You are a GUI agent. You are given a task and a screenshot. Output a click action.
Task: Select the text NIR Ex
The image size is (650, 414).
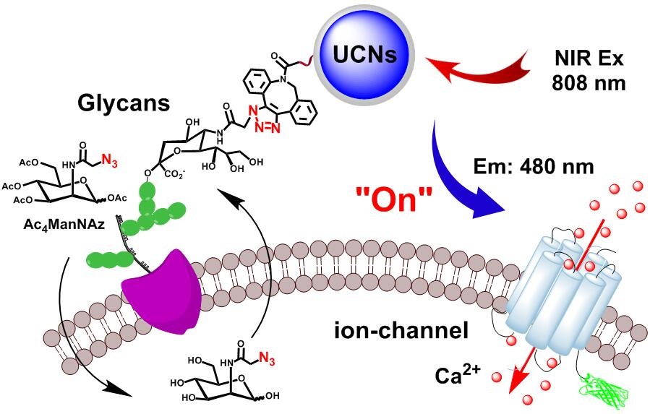pos(589,59)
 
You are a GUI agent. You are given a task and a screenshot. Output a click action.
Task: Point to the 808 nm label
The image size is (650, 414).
pos(589,83)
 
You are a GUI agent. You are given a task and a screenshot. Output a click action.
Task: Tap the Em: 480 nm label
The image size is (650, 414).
pos(534,167)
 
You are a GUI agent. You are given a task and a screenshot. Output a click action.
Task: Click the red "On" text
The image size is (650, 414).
pos(394,199)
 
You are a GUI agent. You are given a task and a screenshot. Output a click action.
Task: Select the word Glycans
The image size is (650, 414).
pos(124,103)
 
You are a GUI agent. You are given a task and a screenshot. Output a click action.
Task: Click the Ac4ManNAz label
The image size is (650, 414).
pos(64,225)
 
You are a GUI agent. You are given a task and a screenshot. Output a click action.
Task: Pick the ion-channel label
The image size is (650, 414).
pos(401,332)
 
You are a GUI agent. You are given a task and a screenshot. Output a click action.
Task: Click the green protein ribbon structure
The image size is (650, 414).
pos(602,387)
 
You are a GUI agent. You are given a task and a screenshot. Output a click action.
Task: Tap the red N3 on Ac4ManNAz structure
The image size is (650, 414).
pos(109,161)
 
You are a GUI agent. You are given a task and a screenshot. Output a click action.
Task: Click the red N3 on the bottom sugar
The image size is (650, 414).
pos(267,359)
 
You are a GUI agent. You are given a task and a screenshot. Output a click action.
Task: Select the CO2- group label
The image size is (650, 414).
pos(174,175)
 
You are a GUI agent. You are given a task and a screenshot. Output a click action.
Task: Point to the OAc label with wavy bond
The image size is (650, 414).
pos(114,199)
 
